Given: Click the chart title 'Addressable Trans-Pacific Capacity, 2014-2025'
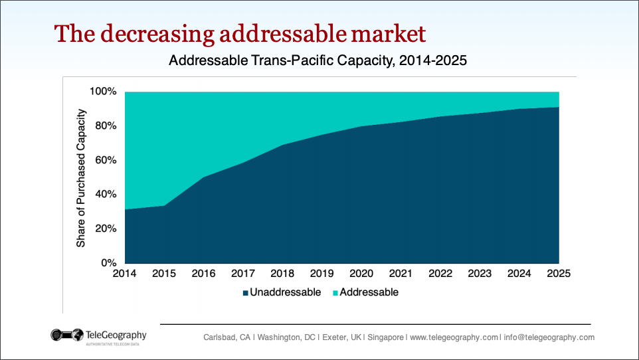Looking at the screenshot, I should [318, 62].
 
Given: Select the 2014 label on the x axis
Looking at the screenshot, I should [124, 273].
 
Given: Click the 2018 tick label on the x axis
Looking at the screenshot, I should [282, 273].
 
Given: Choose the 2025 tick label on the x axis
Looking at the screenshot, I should [559, 273].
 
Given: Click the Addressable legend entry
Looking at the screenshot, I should [369, 292].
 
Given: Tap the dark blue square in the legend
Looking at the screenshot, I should [245, 293].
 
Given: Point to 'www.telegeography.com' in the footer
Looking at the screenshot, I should [454, 337].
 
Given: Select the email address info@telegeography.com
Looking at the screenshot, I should [548, 337].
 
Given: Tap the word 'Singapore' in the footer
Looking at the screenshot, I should [385, 337].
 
